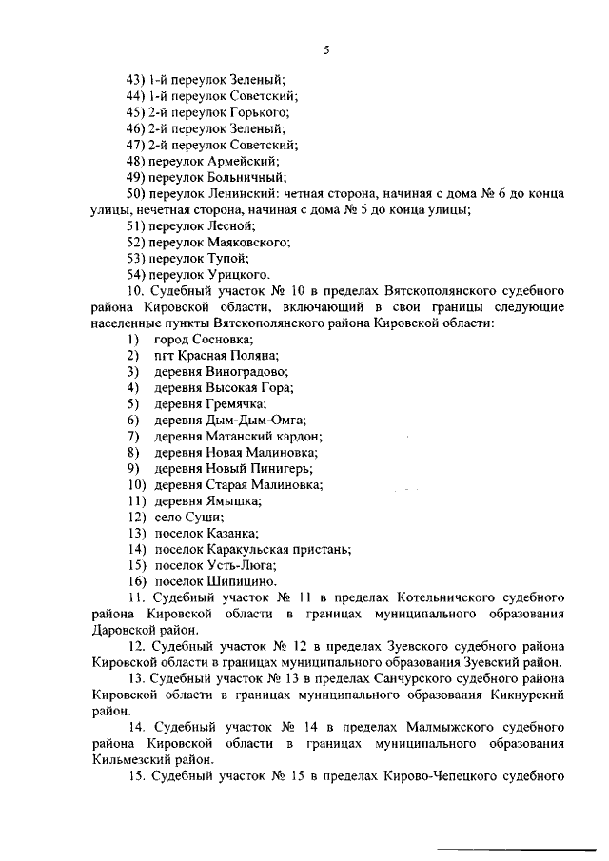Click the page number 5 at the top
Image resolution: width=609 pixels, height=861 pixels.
tap(325, 49)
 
